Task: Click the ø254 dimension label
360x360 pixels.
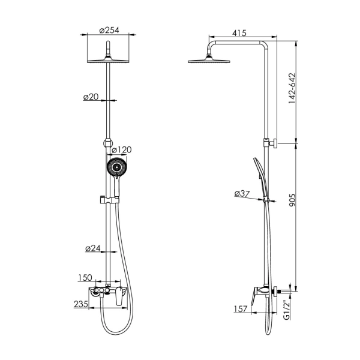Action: [x=109, y=30]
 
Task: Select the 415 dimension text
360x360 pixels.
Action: [x=239, y=33]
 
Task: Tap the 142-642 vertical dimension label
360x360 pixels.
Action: [x=292, y=88]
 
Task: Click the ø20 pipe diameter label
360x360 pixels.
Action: [x=91, y=97]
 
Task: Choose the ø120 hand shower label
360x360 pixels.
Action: [x=121, y=149]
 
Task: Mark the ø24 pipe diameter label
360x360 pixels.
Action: [x=93, y=248]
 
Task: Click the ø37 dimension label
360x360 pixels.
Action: [x=242, y=194]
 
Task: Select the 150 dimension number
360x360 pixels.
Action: [x=85, y=278]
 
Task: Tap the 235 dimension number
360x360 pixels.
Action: [x=80, y=304]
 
